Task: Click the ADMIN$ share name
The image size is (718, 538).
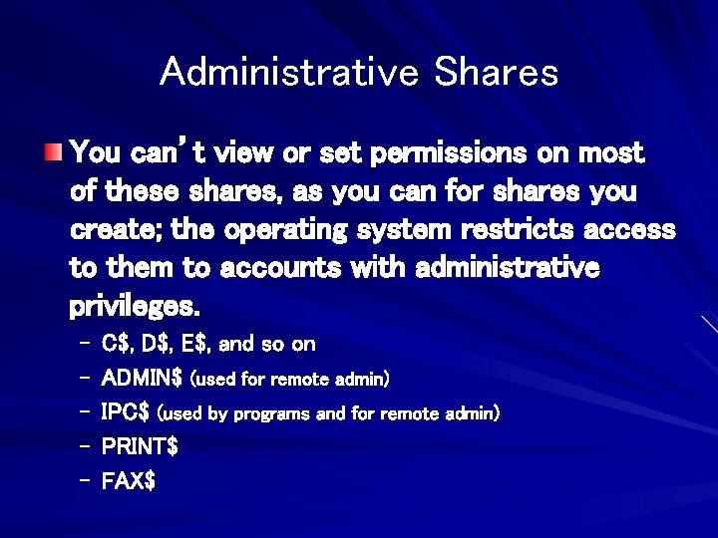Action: coord(142,379)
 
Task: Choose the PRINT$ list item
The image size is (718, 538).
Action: coord(140,446)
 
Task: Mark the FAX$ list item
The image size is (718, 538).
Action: coord(129,480)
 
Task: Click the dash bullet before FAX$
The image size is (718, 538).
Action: coord(84,480)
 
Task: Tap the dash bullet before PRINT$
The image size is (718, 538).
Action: coord(84,446)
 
